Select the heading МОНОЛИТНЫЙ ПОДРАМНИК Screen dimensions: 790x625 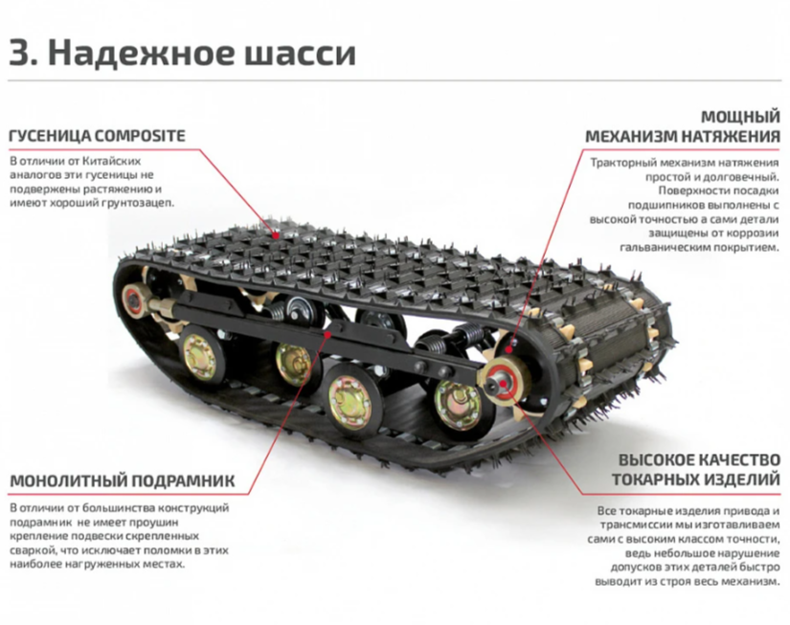click(x=122, y=480)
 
